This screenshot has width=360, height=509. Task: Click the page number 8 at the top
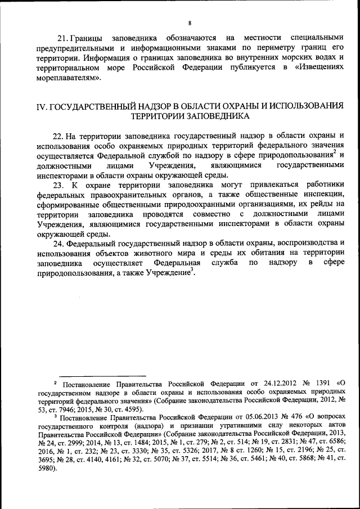point(190,23)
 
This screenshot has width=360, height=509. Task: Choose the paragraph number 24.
point(58,244)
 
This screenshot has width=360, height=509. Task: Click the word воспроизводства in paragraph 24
point(292,244)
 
